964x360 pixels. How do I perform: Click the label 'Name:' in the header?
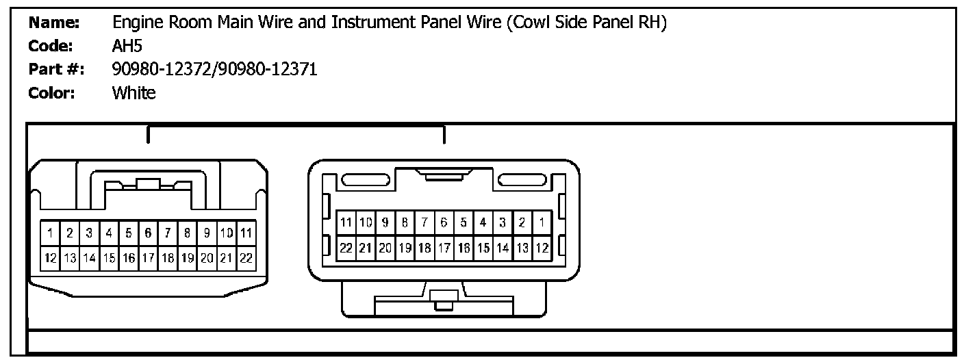click(55, 23)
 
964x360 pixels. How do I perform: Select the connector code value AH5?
click(127, 46)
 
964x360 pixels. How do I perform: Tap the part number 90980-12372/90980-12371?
click(214, 69)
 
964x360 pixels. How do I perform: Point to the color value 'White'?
click(134, 93)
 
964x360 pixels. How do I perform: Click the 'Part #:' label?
click(56, 69)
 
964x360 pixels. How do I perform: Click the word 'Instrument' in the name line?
click(374, 23)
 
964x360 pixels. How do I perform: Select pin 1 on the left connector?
click(50, 233)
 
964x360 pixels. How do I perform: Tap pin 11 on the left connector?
click(246, 233)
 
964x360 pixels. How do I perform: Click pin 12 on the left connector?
click(50, 258)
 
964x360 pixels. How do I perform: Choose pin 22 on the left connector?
click(246, 258)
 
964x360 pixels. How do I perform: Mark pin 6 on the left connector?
click(149, 233)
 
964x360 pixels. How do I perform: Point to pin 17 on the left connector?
click(149, 258)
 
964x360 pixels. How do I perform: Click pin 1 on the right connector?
click(542, 222)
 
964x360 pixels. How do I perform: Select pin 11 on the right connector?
click(346, 222)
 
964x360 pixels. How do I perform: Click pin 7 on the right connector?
click(424, 222)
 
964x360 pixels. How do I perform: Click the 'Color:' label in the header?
click(52, 93)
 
